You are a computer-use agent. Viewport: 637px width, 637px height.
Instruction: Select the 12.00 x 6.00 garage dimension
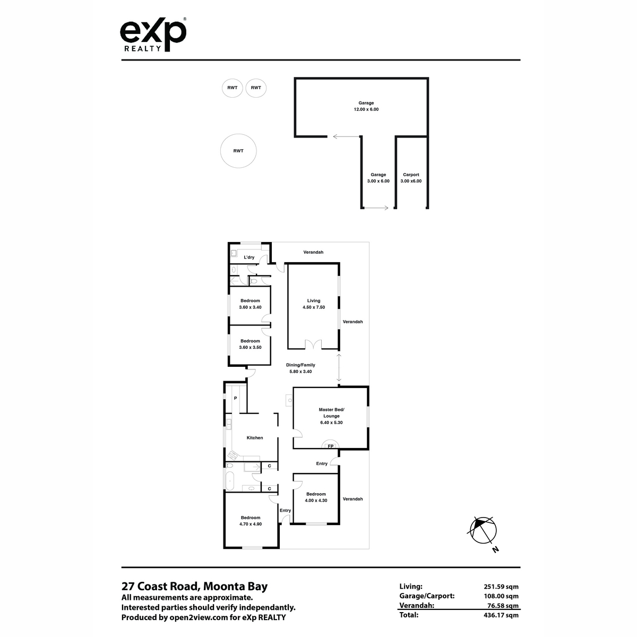click(x=366, y=109)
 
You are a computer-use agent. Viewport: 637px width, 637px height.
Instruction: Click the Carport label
click(x=411, y=175)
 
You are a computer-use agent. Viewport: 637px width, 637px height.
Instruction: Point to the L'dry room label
click(x=249, y=257)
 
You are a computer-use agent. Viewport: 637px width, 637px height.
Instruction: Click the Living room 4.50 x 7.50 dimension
click(x=314, y=307)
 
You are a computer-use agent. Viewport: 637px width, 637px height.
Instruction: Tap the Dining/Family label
click(x=300, y=365)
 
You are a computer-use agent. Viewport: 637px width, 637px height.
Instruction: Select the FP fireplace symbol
click(x=330, y=445)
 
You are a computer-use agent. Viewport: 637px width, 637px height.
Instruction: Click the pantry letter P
click(x=235, y=398)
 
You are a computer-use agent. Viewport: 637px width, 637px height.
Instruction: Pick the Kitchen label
click(x=255, y=437)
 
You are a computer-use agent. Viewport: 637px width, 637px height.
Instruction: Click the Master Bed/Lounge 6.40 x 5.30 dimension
click(x=331, y=423)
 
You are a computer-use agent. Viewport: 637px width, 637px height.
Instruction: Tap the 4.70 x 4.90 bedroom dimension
click(x=251, y=524)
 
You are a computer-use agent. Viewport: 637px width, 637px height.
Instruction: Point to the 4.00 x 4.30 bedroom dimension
click(x=316, y=501)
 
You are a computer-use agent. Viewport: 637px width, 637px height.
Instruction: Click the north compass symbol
click(x=483, y=530)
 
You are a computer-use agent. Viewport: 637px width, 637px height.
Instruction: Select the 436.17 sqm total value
click(x=501, y=615)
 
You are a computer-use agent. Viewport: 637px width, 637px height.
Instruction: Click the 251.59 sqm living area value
click(x=501, y=587)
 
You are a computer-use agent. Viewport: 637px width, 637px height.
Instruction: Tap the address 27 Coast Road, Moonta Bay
click(x=194, y=586)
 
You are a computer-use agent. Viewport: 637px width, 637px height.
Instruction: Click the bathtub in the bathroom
click(x=229, y=480)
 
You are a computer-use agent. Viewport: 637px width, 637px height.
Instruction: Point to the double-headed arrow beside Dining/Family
click(x=339, y=367)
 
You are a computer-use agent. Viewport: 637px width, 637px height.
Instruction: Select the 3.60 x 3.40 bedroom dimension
click(x=250, y=307)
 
